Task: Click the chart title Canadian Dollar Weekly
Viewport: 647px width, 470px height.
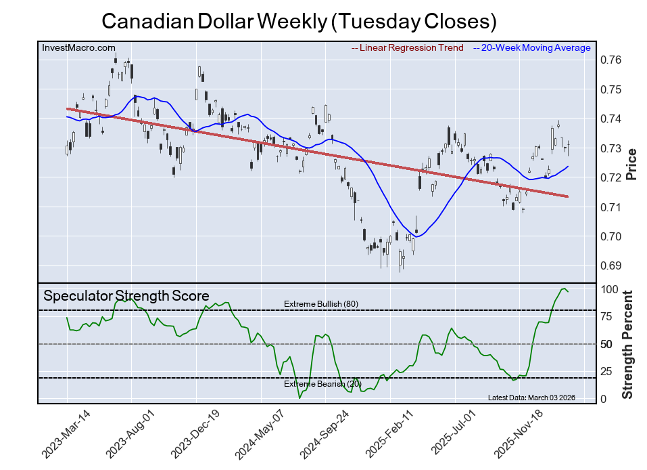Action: point(299,22)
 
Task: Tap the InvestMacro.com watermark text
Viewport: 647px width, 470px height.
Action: point(78,48)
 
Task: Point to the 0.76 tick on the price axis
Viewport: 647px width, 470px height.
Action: point(611,60)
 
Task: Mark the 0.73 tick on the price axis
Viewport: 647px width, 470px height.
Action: point(611,148)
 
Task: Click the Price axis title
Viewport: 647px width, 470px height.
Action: point(631,164)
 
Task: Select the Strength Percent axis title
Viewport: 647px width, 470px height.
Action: point(629,345)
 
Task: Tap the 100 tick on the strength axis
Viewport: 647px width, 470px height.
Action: point(610,289)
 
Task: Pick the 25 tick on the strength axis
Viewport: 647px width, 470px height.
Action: point(607,371)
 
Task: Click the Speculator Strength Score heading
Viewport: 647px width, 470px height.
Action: point(126,296)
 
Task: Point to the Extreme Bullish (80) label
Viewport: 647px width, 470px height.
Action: point(320,304)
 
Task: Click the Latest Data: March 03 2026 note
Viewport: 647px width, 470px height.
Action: point(531,398)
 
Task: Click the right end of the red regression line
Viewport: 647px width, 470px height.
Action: point(567,196)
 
